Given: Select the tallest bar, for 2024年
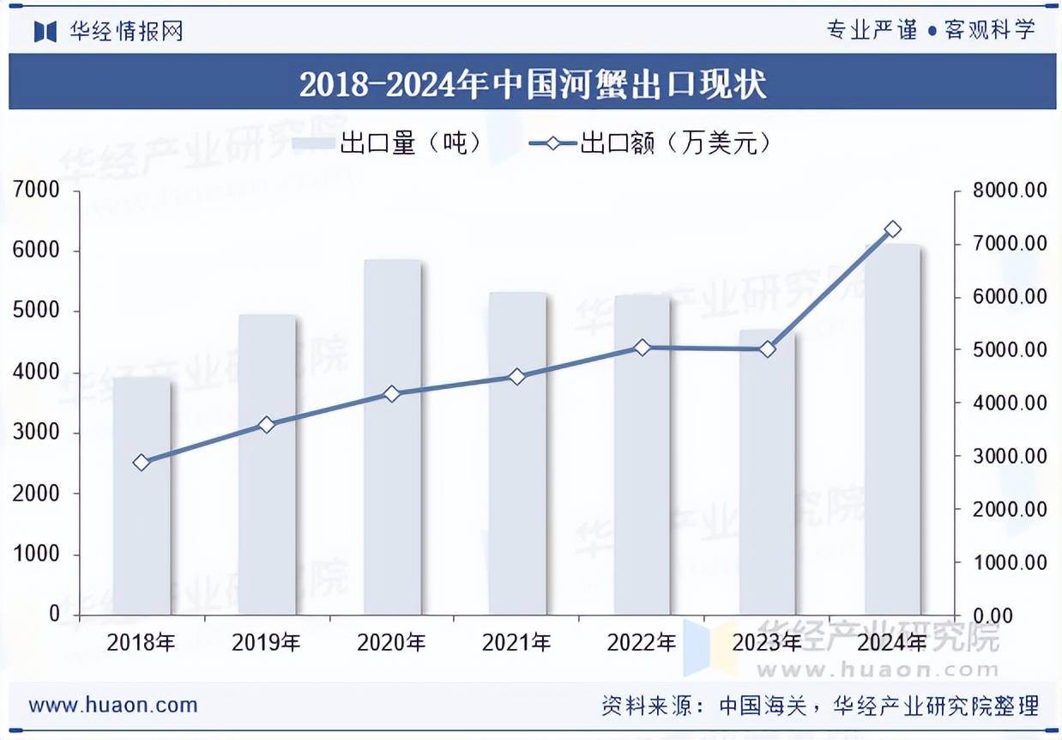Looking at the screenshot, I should pyautogui.click(x=892, y=429).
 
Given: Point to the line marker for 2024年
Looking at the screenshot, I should pyautogui.click(x=892, y=229).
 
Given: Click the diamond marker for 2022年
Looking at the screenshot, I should pyautogui.click(x=643, y=348).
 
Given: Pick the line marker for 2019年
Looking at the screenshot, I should pyautogui.click(x=267, y=424).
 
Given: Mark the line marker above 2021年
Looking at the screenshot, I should pyautogui.click(x=517, y=376).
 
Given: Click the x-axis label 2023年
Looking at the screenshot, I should pyautogui.click(x=768, y=642).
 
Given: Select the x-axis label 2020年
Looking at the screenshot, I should pyautogui.click(x=392, y=642).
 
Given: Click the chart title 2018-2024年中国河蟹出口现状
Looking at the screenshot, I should pyautogui.click(x=532, y=83).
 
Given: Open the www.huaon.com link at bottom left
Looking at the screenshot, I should pyautogui.click(x=113, y=706).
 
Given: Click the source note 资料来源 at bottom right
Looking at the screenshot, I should pyautogui.click(x=819, y=707).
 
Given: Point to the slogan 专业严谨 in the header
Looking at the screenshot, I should pyautogui.click(x=871, y=31).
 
